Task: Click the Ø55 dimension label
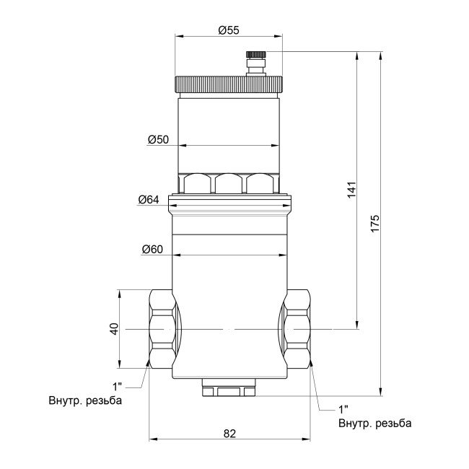(x=228, y=30)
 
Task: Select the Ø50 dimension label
(x=158, y=139)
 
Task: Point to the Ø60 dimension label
(x=152, y=250)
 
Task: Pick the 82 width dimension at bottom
(x=229, y=434)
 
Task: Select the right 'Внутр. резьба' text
(x=375, y=422)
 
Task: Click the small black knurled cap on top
(x=255, y=54)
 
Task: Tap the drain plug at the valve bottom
(x=229, y=391)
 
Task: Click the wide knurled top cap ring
(x=229, y=84)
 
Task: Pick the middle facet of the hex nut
(x=229, y=184)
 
